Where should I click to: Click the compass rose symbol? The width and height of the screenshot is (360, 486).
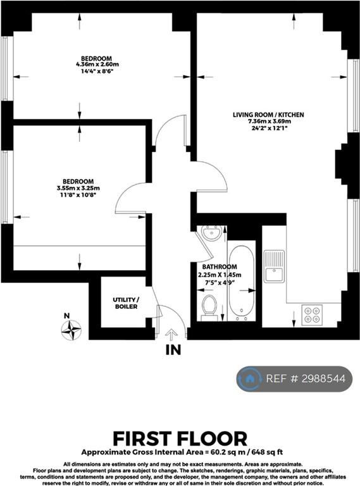[71, 330]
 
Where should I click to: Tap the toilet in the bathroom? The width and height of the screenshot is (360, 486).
[209, 308]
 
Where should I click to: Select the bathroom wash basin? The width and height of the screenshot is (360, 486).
[211, 232]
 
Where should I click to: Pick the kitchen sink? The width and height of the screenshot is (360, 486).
[274, 266]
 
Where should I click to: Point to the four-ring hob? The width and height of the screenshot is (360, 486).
[312, 315]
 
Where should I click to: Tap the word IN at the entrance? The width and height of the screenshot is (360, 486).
[173, 350]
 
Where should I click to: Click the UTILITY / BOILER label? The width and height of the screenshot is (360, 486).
[126, 303]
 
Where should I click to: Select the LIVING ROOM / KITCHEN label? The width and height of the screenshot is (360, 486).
[268, 115]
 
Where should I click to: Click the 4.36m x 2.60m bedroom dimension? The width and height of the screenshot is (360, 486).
[97, 65]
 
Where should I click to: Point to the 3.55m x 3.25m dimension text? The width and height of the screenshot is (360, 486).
[78, 188]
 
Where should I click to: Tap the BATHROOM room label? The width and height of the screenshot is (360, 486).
[220, 266]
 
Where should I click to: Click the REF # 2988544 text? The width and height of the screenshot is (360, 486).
[306, 379]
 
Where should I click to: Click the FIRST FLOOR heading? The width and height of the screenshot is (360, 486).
[180, 439]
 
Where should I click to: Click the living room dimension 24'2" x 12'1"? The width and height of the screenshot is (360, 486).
[269, 128]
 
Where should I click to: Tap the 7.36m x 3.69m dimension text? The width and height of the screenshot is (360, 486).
[269, 121]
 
